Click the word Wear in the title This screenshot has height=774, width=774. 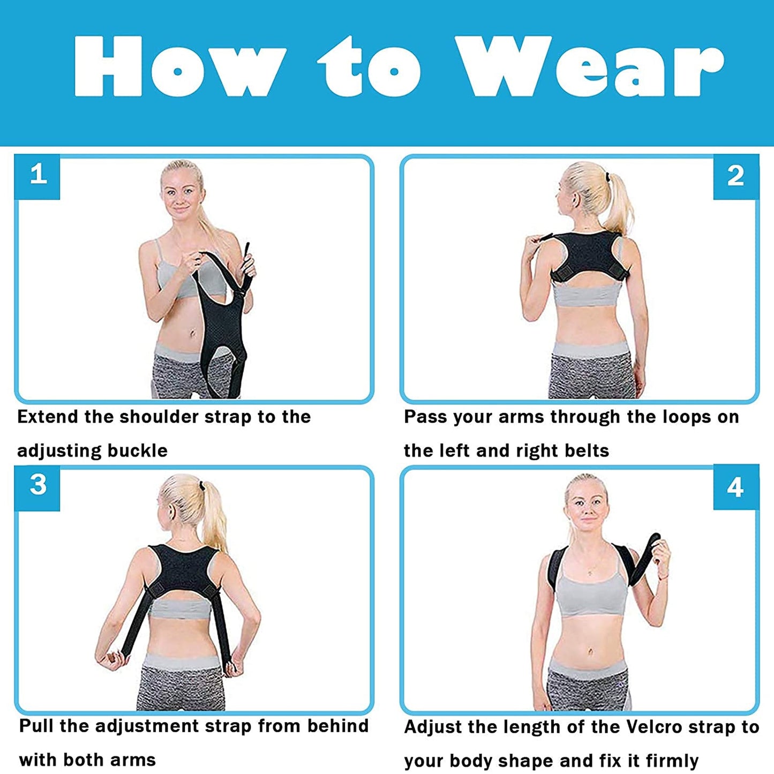click(589, 67)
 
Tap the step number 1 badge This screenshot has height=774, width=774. click(37, 175)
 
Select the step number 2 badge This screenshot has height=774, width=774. click(735, 176)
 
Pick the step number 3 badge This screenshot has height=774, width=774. click(37, 485)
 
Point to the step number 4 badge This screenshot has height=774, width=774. click(735, 487)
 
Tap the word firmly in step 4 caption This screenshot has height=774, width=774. click(672, 761)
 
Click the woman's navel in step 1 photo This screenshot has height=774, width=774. click(191, 335)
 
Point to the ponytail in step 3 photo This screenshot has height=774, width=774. click(214, 514)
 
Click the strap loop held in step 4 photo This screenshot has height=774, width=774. click(648, 557)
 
